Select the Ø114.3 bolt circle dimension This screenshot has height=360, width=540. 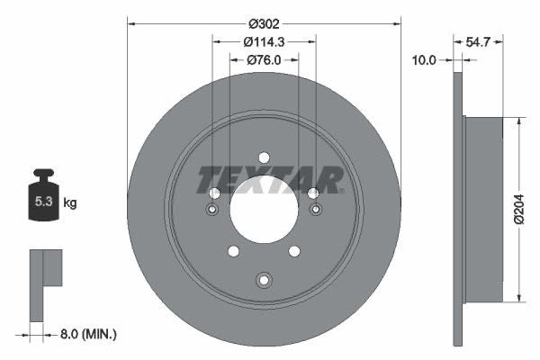click(265, 40)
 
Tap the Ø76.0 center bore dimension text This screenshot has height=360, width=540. click(264, 60)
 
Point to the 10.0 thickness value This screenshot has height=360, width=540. click(423, 60)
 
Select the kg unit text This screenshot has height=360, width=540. click(69, 202)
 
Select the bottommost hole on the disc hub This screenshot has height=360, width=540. click(264, 279)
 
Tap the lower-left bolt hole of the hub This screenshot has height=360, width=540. click(233, 251)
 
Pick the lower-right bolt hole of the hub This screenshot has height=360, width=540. click(294, 251)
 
